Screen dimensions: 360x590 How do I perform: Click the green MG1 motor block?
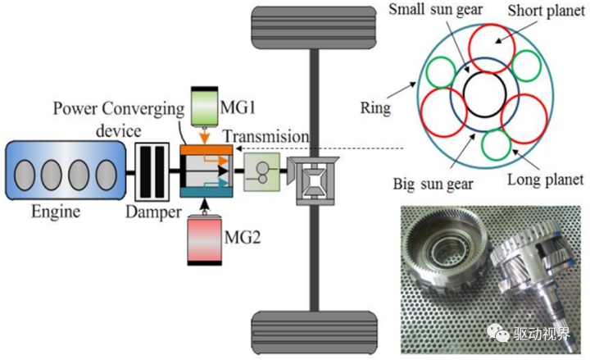205,106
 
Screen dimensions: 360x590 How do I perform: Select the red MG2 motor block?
205,241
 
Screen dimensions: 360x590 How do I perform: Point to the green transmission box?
261,172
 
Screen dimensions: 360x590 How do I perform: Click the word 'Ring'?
375,107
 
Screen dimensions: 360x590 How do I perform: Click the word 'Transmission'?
267,136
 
